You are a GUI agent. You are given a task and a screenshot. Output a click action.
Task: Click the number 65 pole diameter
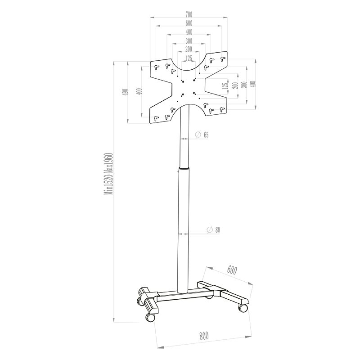click(x=206, y=135)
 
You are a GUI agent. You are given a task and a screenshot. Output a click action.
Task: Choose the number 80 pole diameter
click(x=217, y=230)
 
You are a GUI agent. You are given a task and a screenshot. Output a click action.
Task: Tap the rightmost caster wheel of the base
click(x=243, y=308)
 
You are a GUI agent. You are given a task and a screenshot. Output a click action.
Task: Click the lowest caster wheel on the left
click(x=149, y=318)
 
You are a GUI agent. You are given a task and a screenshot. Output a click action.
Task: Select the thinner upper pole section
click(x=184, y=139)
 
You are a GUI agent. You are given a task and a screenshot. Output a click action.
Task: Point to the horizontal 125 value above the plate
click(x=188, y=58)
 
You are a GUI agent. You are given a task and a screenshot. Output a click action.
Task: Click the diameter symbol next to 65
click(x=198, y=135)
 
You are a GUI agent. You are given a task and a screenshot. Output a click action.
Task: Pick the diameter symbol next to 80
click(x=210, y=230)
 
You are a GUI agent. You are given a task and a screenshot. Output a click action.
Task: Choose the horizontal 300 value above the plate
click(x=188, y=41)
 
